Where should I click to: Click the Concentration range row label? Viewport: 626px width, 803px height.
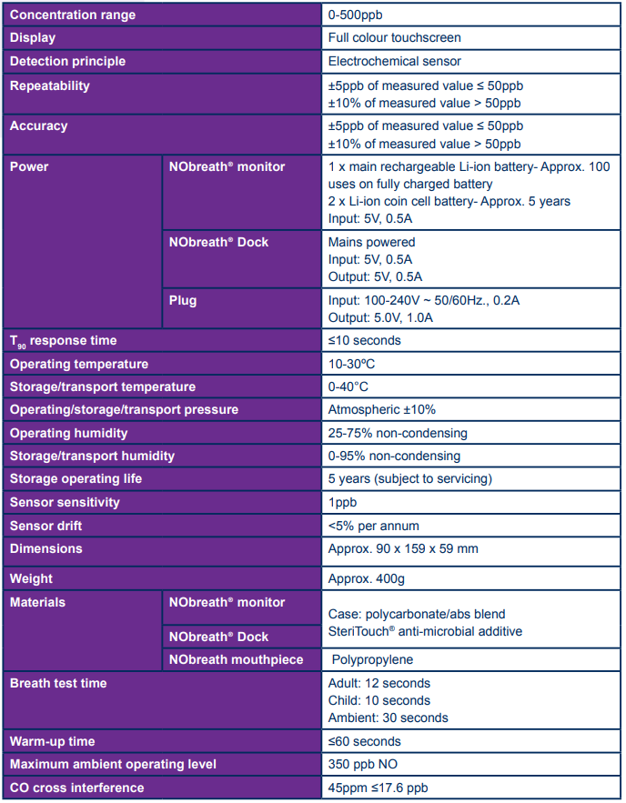[x=73, y=15]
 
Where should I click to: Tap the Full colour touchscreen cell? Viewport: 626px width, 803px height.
[x=394, y=38]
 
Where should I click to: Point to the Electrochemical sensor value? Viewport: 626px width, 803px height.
[x=394, y=62]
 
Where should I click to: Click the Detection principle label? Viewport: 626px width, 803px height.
[x=67, y=62]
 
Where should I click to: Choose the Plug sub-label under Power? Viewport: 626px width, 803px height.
[x=183, y=301]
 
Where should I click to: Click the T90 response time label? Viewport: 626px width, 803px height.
[x=64, y=341]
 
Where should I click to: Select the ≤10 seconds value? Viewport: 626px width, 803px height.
[x=364, y=341]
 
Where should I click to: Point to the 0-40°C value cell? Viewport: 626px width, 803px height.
[x=348, y=386]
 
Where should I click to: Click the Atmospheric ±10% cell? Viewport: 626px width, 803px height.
[x=381, y=410]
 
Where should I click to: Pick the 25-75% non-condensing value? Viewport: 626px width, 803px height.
[x=398, y=433]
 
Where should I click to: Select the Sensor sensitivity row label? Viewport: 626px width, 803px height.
[x=65, y=502]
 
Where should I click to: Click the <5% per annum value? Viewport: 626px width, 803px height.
[x=373, y=526]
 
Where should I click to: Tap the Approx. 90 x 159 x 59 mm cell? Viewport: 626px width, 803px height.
[x=402, y=548]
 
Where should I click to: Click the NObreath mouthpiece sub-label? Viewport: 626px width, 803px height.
[x=237, y=659]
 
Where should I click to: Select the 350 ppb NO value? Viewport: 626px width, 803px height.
[x=359, y=765]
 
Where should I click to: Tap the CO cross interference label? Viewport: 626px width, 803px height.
[x=76, y=788]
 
